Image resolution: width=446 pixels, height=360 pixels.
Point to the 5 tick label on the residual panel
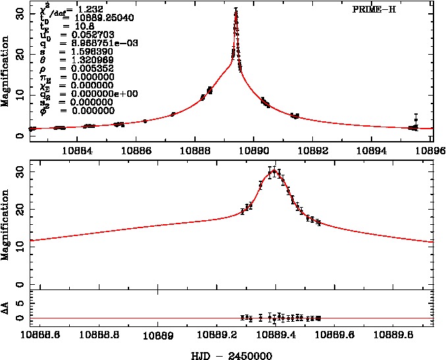tap(23, 303)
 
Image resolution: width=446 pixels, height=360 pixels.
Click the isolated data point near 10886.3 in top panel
tap(145, 121)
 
